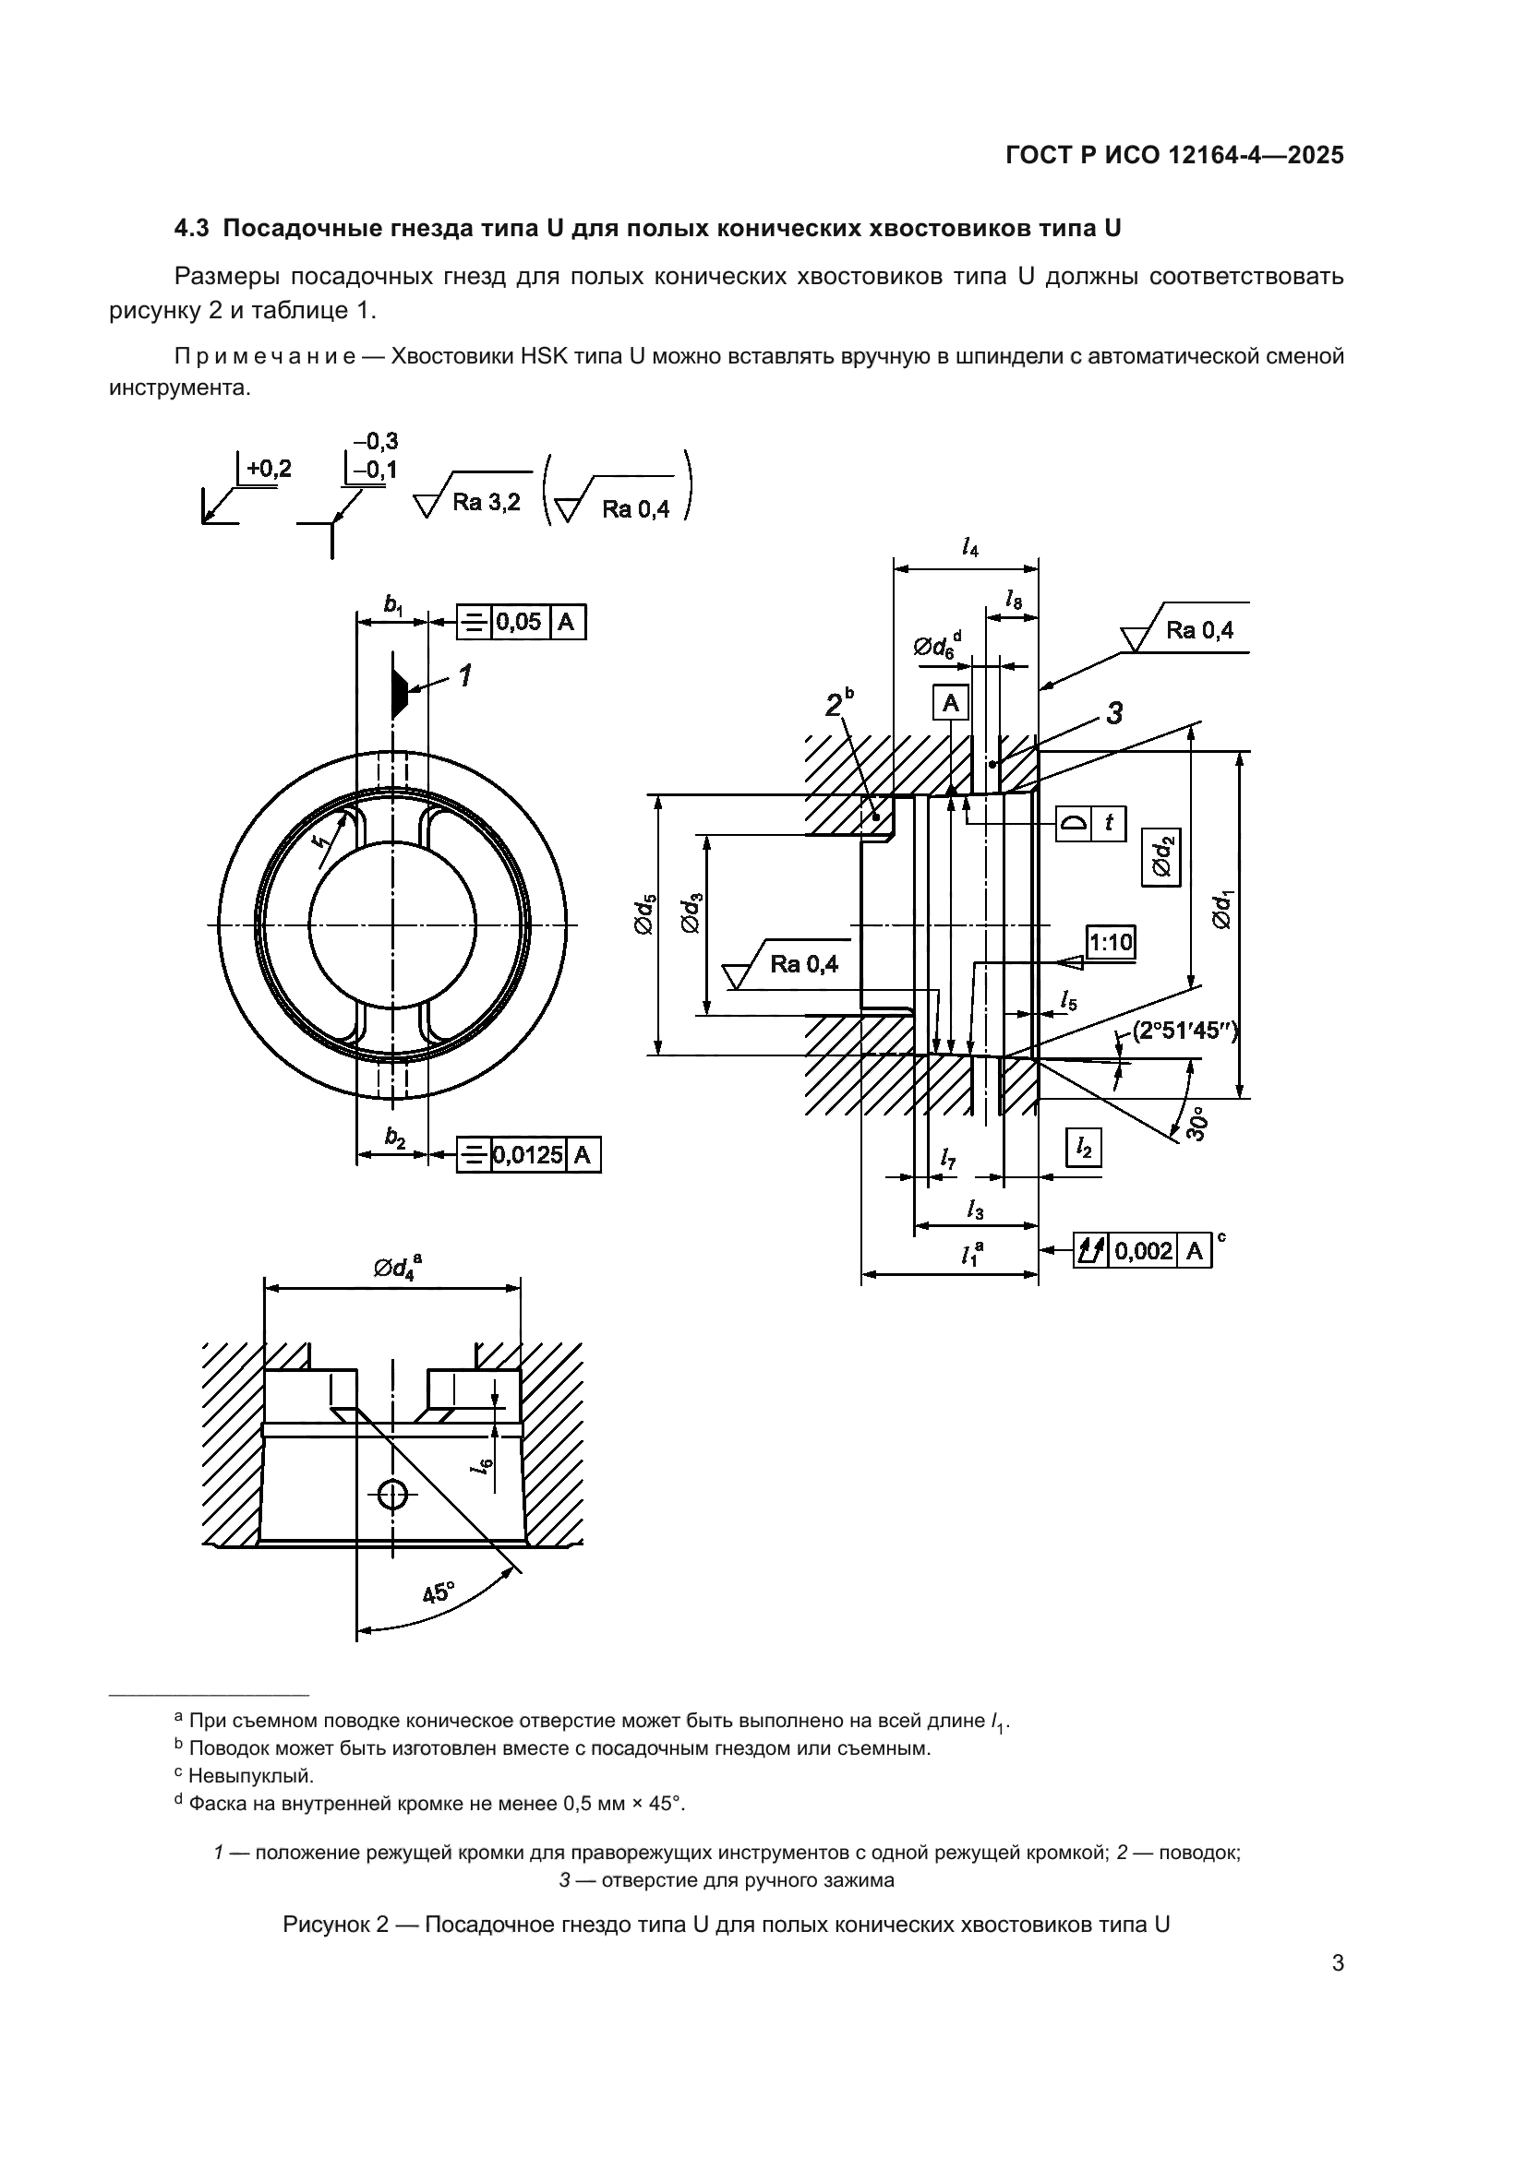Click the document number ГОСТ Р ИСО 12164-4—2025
pos(1174,156)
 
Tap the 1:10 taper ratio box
pos(1111,941)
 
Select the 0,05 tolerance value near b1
pos(519,621)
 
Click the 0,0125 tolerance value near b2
pos(527,1154)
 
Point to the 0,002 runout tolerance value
pos(1143,1251)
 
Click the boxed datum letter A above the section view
pos(951,703)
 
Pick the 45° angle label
pos(438,1592)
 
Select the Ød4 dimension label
pos(396,1268)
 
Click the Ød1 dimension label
pos(1221,910)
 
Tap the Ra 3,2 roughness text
pos(487,502)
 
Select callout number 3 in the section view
pos(1114,713)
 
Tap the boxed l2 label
pos(1084,1148)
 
